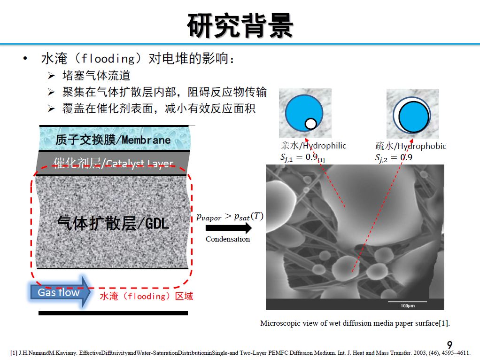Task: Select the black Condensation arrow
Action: coord(228,228)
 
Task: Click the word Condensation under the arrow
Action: coord(228,239)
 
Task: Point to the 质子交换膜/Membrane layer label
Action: coord(113,140)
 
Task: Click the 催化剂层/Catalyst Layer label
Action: coord(113,163)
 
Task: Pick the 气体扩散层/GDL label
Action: coord(113,223)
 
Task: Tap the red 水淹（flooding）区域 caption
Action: coord(146,296)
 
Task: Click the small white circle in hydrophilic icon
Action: coord(310,124)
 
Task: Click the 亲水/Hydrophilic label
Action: coord(313,146)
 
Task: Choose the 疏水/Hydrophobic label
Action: coord(410,146)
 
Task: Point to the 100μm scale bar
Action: coord(407,302)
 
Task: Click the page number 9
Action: coord(449,345)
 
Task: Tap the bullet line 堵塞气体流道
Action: coord(96,76)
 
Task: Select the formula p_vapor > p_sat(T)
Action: coord(230,216)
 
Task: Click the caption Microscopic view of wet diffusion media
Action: coord(355,323)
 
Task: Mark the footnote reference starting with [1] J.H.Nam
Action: coord(240,352)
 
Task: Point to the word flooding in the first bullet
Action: coord(108,59)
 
